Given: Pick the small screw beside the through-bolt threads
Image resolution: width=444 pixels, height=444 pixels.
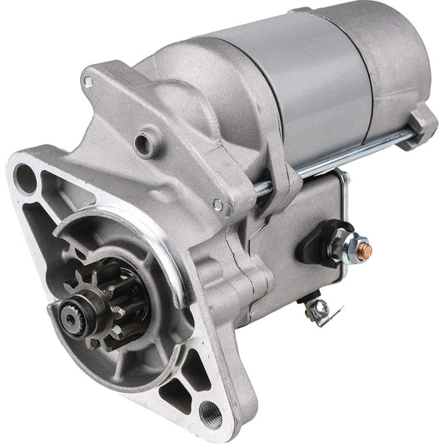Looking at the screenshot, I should (x=217, y=204).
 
